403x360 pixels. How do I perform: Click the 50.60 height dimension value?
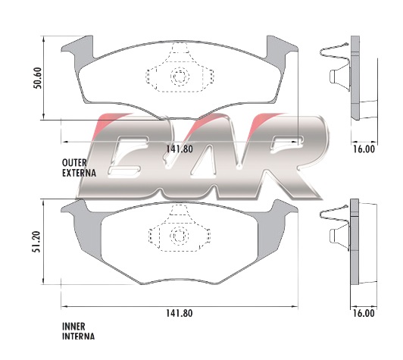[x=38, y=78]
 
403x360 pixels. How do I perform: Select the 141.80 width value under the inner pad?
[x=179, y=313]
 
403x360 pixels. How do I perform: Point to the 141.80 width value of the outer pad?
[x=180, y=149]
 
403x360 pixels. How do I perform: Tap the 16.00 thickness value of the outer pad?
[x=364, y=149]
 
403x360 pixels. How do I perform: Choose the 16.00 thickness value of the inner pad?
[x=364, y=313]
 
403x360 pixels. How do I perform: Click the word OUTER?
[x=74, y=163]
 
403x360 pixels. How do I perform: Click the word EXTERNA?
[x=79, y=173]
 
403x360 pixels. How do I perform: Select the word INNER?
[x=73, y=327]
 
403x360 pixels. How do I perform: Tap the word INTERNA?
[x=78, y=337]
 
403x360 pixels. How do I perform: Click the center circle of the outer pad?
[x=180, y=76]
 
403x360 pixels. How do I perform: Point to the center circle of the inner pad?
[x=180, y=236]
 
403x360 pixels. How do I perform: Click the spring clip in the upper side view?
[x=336, y=67]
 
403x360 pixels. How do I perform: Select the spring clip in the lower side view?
[x=336, y=227]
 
